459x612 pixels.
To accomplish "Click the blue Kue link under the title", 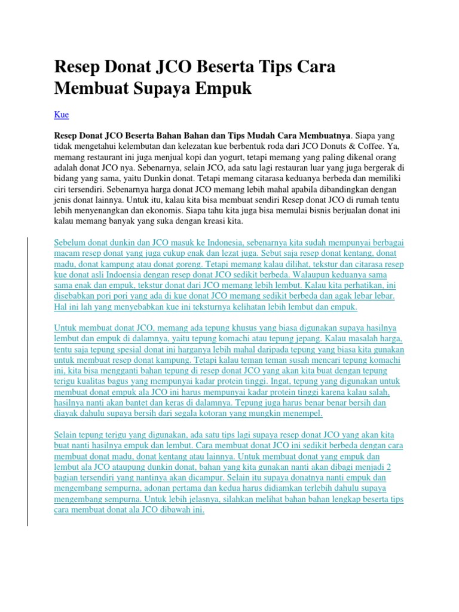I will click(x=62, y=114).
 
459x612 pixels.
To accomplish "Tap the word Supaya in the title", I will click(x=157, y=88).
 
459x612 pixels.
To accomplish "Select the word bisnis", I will click(x=326, y=210).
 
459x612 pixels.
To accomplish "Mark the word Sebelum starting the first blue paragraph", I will click(x=69, y=243).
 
